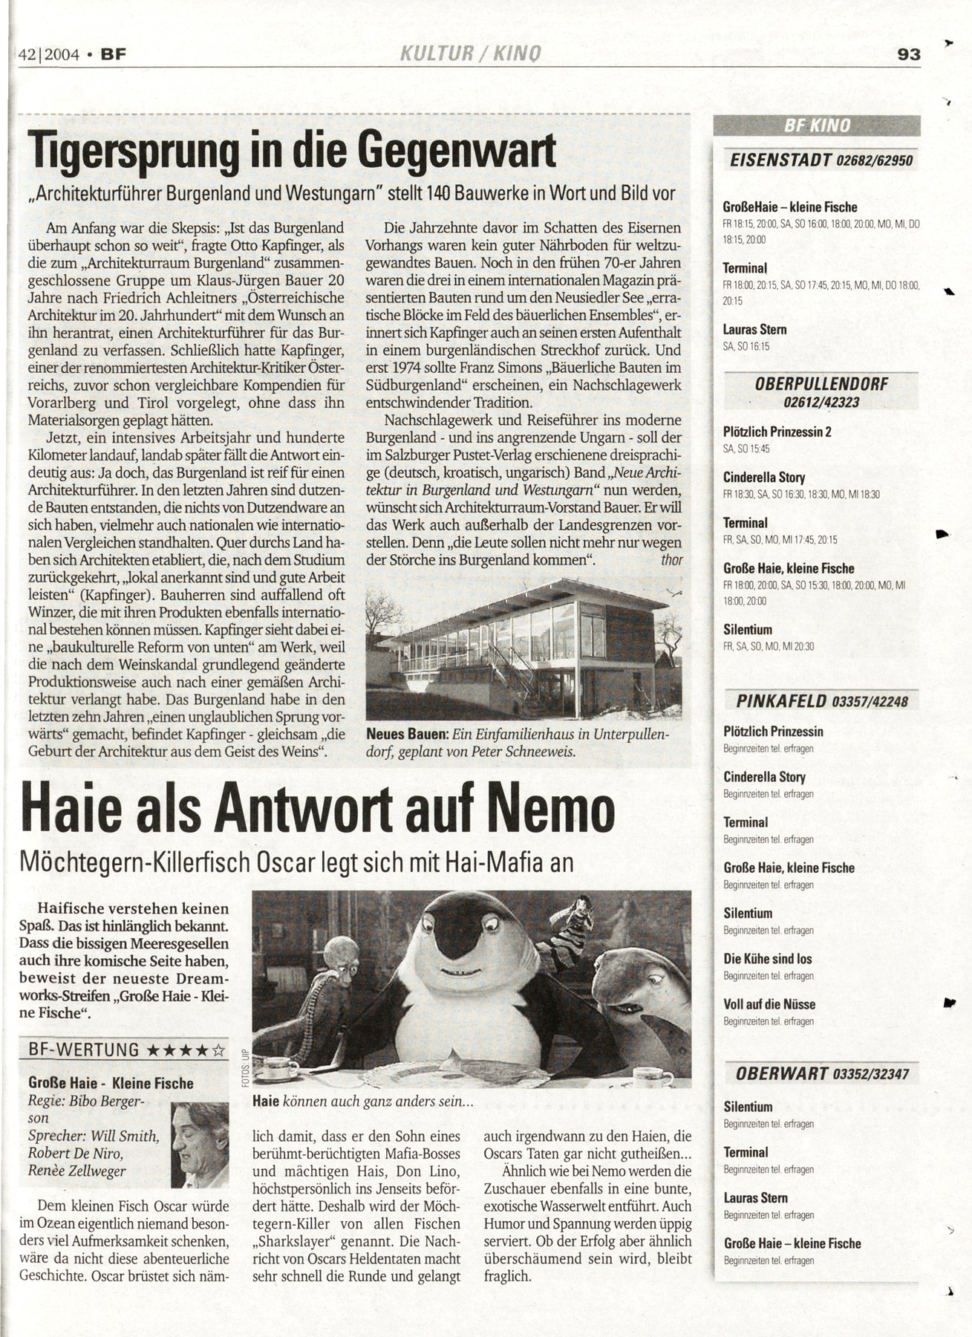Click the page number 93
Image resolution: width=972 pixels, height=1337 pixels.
click(909, 54)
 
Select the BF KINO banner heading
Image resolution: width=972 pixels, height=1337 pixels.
click(817, 126)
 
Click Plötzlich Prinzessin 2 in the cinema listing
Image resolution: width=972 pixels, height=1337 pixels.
click(776, 432)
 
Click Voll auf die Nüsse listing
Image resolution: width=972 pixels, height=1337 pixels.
click(769, 1004)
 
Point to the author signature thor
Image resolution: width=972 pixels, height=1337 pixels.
click(671, 559)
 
